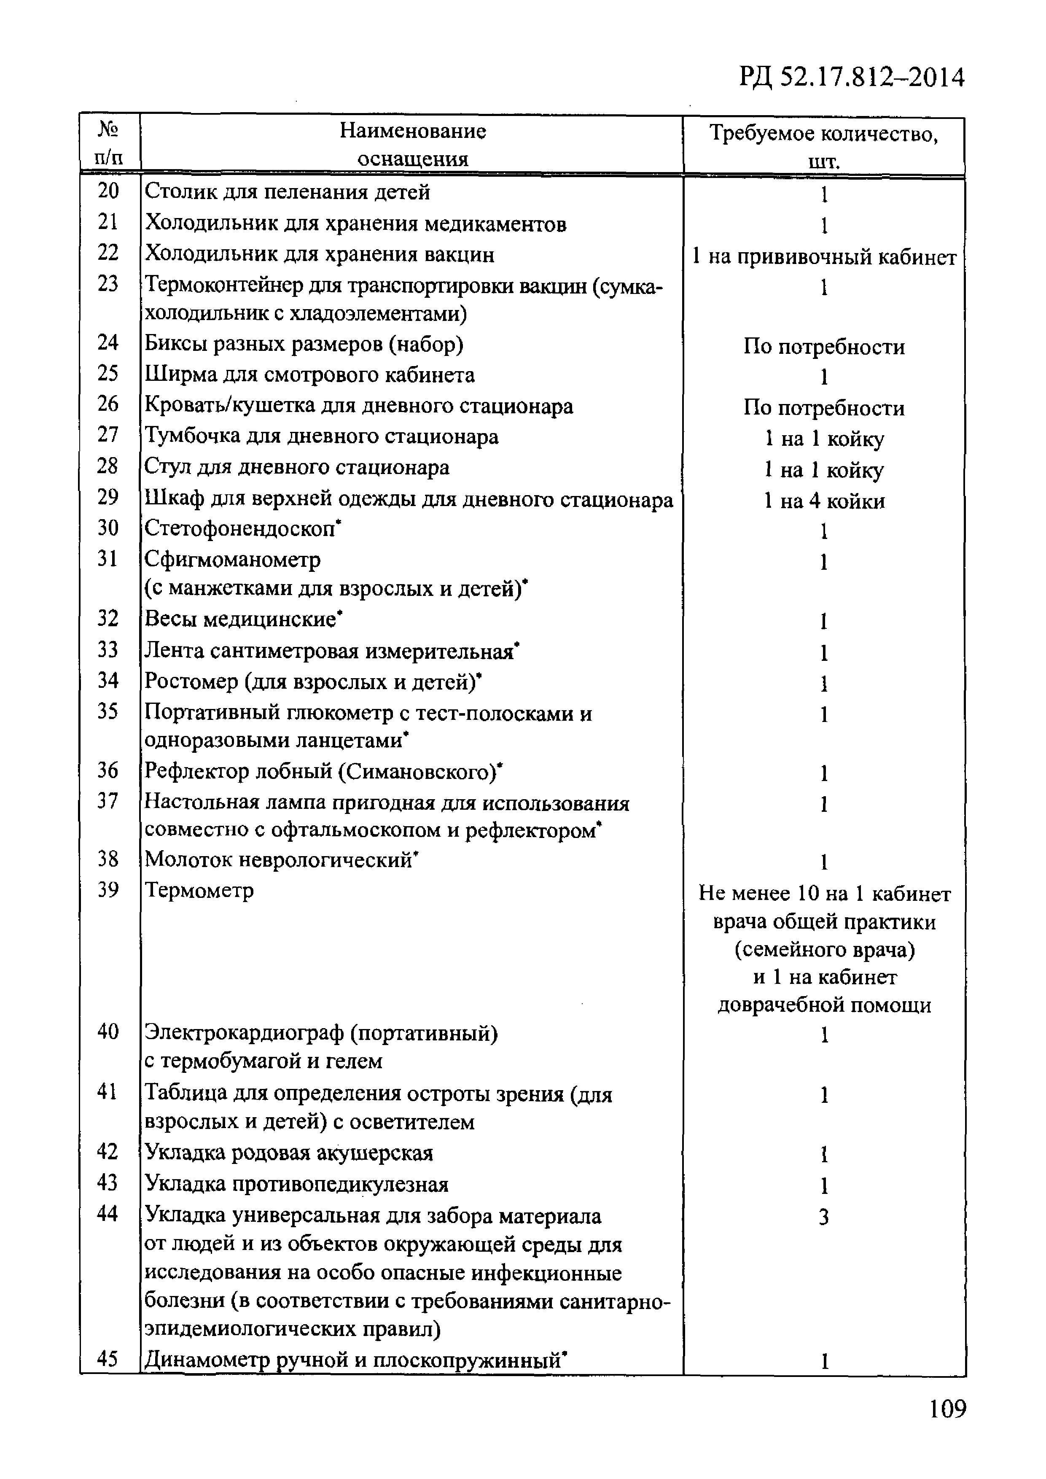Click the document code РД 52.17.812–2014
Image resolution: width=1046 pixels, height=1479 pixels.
(x=852, y=78)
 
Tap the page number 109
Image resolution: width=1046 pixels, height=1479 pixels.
(x=947, y=1409)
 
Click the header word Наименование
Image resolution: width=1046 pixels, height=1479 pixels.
(x=412, y=132)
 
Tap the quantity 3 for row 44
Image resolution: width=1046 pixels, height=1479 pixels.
(x=823, y=1217)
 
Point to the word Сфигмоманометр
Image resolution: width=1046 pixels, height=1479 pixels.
(x=233, y=559)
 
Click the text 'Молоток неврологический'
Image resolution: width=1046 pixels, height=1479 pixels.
(x=278, y=860)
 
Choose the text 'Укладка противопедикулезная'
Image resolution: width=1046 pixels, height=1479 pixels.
(x=296, y=1184)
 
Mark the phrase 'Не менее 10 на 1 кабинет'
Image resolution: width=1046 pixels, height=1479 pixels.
(x=824, y=894)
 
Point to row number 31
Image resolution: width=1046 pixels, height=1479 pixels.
(x=108, y=558)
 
